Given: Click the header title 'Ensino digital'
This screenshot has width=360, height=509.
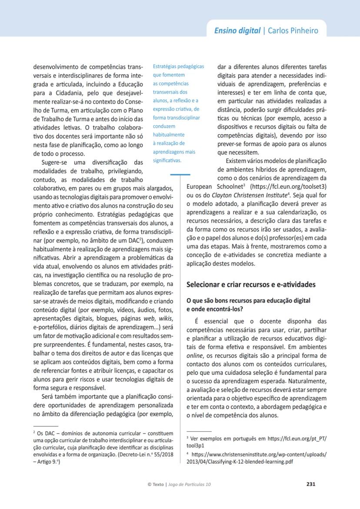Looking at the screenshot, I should point(237,30).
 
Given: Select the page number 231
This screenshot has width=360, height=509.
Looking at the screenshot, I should point(311,484).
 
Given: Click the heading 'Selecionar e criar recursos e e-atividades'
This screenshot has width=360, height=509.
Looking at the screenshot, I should point(250,285).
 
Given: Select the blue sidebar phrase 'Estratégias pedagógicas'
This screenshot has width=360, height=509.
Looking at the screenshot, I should point(178,67).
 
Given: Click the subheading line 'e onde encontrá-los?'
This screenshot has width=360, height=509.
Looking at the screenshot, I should point(215,309).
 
